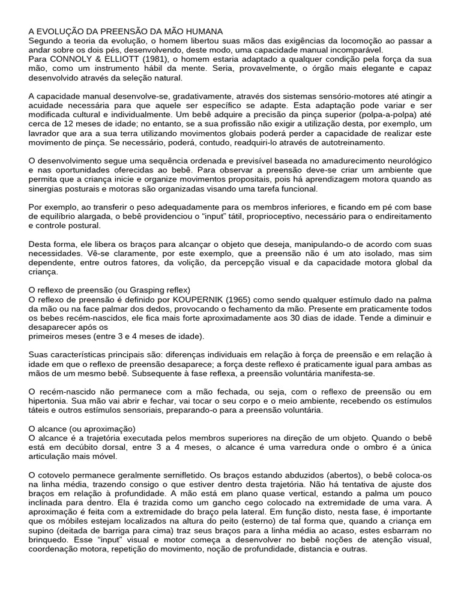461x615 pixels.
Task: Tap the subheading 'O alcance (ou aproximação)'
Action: (x=82, y=428)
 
